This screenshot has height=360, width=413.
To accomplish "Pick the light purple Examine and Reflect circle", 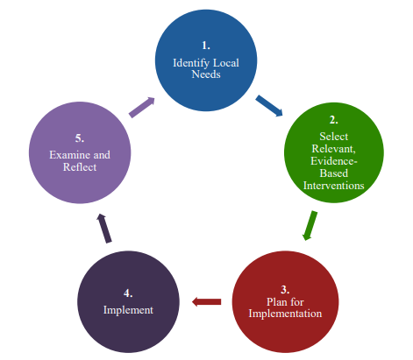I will click(80, 151).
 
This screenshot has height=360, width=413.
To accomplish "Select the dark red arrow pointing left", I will click(207, 302).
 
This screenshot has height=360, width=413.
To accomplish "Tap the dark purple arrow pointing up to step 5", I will click(104, 228).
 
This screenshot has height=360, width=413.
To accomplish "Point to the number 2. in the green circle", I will click(333, 119).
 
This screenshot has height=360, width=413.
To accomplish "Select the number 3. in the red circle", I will click(284, 288).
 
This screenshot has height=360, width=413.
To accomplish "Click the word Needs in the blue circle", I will click(207, 74).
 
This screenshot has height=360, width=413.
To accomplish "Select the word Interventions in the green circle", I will click(333, 185).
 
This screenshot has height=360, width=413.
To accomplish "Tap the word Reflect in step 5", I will click(80, 167).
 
